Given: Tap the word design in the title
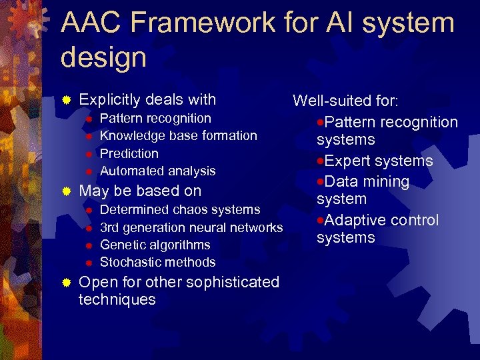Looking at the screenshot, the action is click(103, 57).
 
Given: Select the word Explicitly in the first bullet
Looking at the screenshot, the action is click(110, 100).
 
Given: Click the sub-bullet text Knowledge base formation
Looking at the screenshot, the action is click(178, 136).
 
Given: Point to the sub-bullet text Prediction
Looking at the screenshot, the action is click(129, 153).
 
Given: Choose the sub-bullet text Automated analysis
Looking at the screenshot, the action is click(157, 171).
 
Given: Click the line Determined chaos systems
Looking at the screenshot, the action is click(180, 210).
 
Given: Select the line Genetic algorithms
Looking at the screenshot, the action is click(155, 245).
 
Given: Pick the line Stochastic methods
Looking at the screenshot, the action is click(157, 263).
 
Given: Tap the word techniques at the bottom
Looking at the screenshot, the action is click(117, 300).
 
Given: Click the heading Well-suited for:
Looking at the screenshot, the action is click(345, 101).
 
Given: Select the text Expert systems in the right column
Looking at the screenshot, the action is click(378, 161).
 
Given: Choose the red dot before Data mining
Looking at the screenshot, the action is click(321, 181).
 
